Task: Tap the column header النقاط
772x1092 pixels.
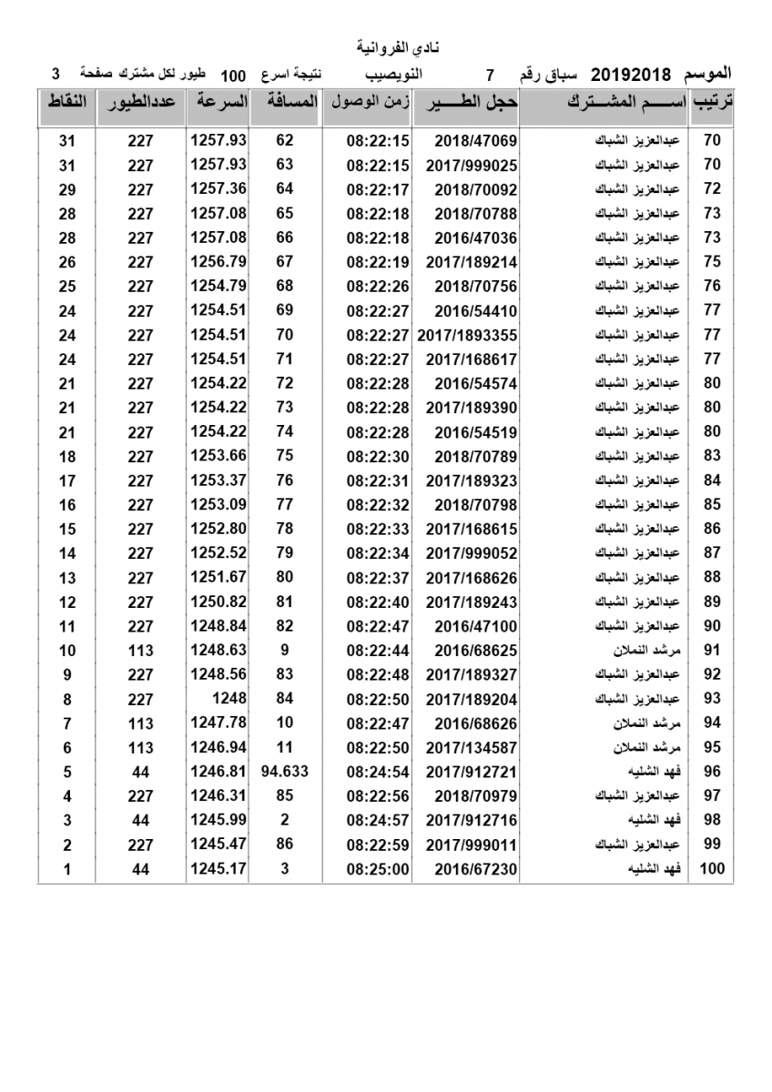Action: click(x=66, y=102)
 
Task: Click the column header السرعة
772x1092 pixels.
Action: click(x=218, y=102)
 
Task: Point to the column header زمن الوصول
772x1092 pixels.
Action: click(x=368, y=102)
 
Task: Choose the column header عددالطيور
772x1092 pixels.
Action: click(x=142, y=102)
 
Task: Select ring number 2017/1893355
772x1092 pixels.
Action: click(x=467, y=335)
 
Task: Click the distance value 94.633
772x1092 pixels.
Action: click(x=285, y=772)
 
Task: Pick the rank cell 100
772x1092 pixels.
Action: click(x=712, y=869)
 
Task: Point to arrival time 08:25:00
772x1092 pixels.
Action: click(x=379, y=869)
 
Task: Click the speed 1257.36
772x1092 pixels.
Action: click(x=218, y=188)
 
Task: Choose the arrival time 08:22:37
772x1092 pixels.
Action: click(x=379, y=578)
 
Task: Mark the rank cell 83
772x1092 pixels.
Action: click(x=712, y=456)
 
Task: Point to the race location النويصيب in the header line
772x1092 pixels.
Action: click(x=392, y=74)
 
